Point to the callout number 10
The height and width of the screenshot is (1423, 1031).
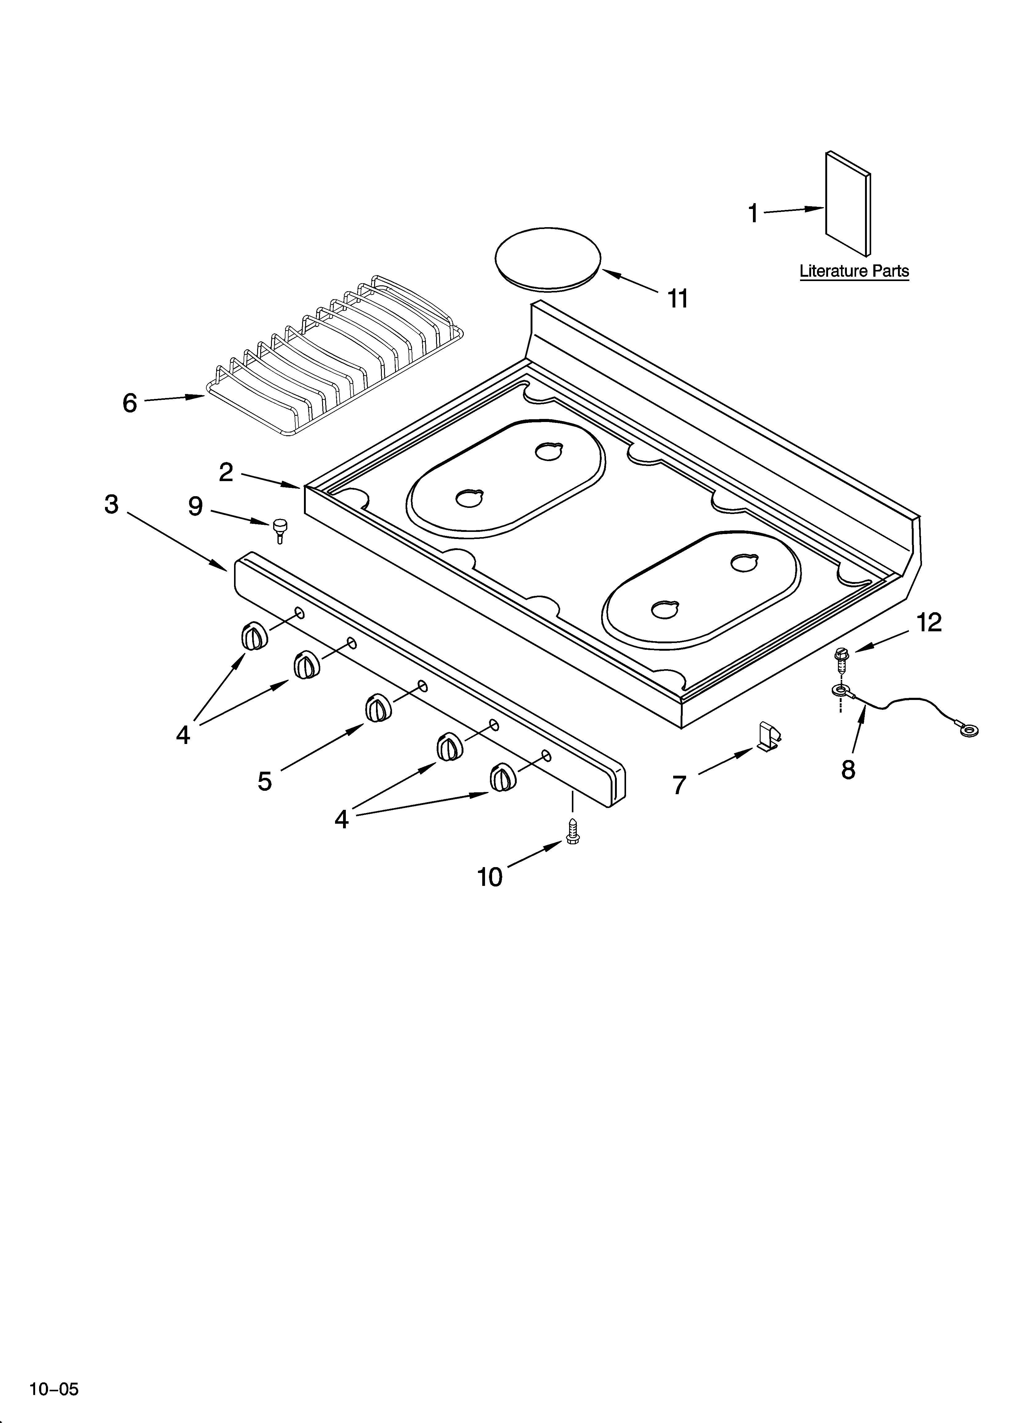tap(490, 877)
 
